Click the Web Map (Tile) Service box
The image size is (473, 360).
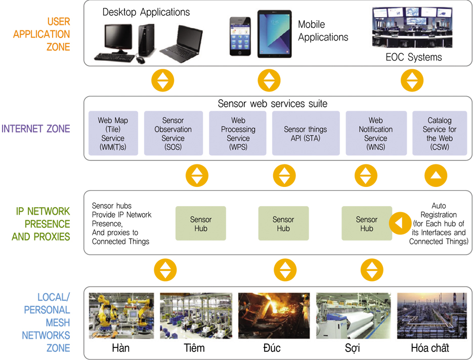113,133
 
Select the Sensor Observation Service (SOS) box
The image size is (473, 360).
173,133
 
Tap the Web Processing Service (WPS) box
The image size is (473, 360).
238,133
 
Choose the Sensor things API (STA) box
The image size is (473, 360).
306,133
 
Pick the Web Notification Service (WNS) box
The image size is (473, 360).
376,133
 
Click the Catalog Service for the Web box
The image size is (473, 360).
440,133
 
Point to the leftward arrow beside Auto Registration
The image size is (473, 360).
400,223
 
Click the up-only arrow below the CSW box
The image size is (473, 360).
436,176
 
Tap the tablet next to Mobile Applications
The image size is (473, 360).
275,34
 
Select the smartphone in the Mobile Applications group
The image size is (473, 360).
240,36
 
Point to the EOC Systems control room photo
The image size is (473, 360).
412,27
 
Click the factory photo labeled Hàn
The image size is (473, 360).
121,315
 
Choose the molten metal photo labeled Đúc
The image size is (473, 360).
274,315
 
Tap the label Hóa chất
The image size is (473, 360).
430,348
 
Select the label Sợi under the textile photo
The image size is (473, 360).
352,348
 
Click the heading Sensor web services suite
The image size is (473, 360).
272,104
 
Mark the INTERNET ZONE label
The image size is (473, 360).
35,129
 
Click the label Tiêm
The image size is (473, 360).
194,348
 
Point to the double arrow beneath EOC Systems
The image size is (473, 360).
412,81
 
